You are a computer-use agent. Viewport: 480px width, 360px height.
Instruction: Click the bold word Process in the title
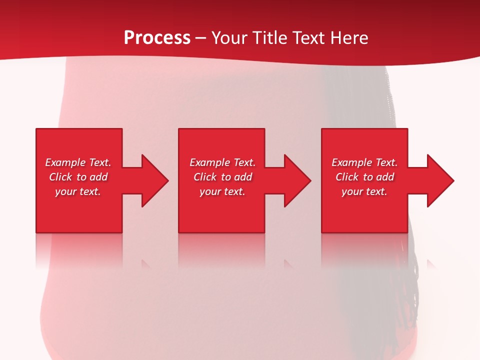157,38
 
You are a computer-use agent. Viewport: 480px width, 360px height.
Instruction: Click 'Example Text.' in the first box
78,162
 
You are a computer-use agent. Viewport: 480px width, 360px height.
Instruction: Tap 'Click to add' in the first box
78,177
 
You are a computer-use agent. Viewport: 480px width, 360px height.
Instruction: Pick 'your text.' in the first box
78,191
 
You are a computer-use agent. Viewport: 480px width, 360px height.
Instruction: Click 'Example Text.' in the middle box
222,162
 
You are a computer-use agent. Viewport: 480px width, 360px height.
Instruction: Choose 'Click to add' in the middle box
222,177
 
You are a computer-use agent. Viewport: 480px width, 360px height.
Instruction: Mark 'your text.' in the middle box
222,191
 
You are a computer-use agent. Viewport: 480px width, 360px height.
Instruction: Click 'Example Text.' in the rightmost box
364,162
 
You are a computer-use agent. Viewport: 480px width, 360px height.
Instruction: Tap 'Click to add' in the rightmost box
364,177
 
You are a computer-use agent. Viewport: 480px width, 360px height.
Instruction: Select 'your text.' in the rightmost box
364,191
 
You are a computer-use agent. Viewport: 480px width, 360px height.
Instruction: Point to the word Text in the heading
308,38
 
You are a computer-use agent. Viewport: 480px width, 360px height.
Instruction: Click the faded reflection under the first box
79,250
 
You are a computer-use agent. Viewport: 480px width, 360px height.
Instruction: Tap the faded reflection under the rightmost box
364,250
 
